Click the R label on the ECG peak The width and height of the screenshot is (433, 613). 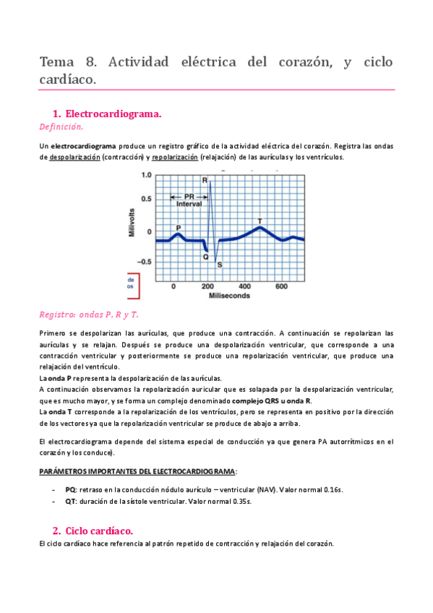pyautogui.click(x=205, y=180)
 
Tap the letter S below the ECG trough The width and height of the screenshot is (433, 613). pyautogui.click(x=220, y=265)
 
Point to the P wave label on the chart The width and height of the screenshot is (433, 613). pyautogui.click(x=179, y=228)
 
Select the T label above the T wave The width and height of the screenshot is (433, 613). pyautogui.click(x=260, y=220)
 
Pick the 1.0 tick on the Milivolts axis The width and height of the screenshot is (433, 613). pyautogui.click(x=147, y=175)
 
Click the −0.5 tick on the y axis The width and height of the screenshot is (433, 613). pyautogui.click(x=145, y=262)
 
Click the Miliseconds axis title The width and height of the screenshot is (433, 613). pyautogui.click(x=230, y=296)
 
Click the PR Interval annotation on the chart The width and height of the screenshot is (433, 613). pyautogui.click(x=189, y=200)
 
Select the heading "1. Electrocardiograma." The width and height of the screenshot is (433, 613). pyautogui.click(x=107, y=114)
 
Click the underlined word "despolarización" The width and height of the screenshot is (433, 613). pyautogui.click(x=74, y=157)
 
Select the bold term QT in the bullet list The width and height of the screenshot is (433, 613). pyautogui.click(x=70, y=505)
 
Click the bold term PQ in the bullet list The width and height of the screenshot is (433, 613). pyautogui.click(x=70, y=489)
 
